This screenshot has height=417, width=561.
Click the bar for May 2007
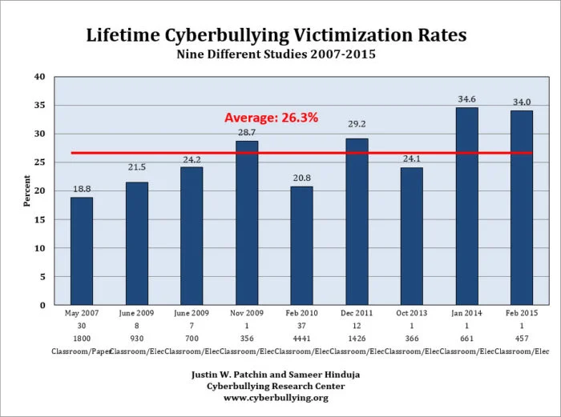(82, 251)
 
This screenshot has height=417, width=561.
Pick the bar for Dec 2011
(357, 221)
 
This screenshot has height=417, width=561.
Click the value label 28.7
(246, 130)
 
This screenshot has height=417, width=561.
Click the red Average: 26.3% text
(271, 118)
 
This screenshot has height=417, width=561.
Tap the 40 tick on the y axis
(39, 77)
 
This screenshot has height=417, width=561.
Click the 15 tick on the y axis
(39, 219)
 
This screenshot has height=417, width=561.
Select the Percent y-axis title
(26, 191)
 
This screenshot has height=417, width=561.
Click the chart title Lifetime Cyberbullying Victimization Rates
(280, 35)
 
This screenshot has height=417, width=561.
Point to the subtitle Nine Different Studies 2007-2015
(280, 55)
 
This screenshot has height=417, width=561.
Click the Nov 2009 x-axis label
(246, 315)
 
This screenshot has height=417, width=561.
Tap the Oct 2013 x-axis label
(411, 315)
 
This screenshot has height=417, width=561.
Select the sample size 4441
(301, 339)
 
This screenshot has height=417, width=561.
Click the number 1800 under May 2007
(82, 339)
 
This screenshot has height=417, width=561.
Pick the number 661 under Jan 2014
(466, 339)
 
